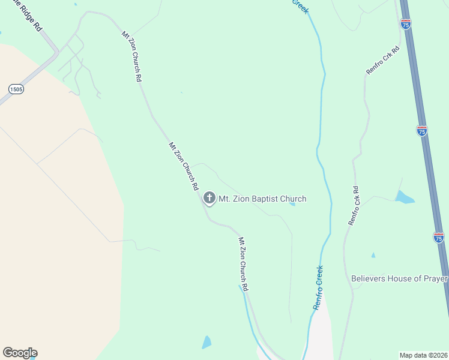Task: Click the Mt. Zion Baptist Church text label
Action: (x=262, y=199)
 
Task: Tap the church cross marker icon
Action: (x=209, y=197)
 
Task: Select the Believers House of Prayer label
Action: (x=399, y=278)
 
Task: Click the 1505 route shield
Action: (x=16, y=89)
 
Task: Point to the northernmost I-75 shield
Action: (x=406, y=25)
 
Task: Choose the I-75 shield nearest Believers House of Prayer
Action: (x=439, y=238)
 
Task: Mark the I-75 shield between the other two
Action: (x=422, y=131)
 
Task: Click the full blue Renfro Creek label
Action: (x=318, y=287)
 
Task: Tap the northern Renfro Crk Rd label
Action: (x=383, y=61)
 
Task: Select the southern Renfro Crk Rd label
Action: (x=354, y=206)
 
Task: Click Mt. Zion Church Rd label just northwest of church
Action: (x=183, y=166)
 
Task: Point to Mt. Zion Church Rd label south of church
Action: (x=243, y=265)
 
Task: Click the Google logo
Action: (x=20, y=353)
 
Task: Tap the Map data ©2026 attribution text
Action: (x=423, y=355)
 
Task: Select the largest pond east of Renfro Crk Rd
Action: (x=404, y=197)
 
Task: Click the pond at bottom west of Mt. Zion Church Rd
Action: (x=206, y=343)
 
